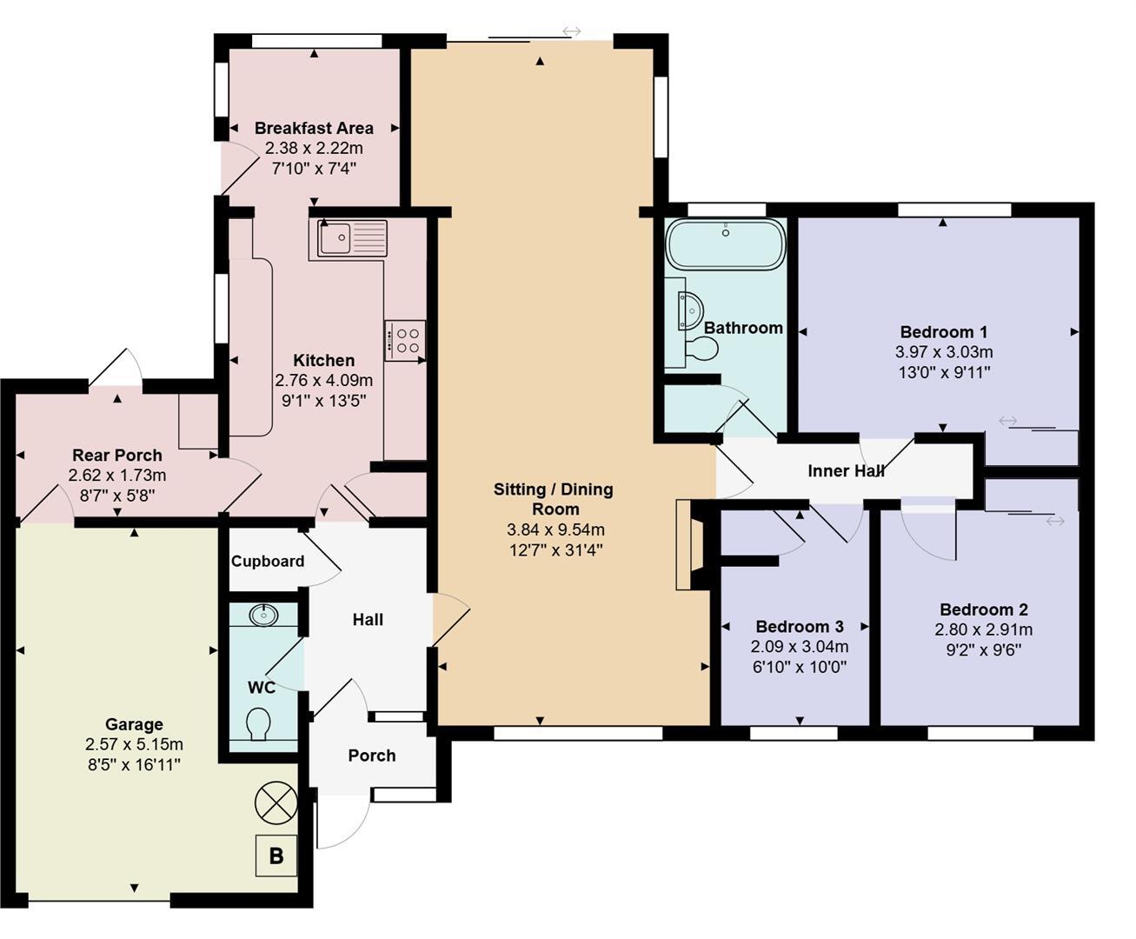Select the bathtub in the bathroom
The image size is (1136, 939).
[x=726, y=244]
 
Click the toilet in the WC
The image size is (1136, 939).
[x=258, y=723]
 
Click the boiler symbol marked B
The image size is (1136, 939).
[x=276, y=856]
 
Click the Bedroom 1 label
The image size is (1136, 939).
[x=943, y=332]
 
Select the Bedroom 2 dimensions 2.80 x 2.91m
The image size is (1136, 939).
[x=983, y=629]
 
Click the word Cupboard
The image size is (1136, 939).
[x=268, y=562]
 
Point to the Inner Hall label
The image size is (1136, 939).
[x=846, y=471]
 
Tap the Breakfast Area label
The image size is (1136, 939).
[x=314, y=128]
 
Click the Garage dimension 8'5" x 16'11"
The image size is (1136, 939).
[x=134, y=764]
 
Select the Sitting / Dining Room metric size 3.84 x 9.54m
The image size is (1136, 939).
[x=555, y=529]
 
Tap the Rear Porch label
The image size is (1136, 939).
[x=116, y=455]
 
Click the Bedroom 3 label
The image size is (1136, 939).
[x=799, y=626]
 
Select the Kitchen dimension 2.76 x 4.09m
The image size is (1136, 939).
[x=323, y=380]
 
